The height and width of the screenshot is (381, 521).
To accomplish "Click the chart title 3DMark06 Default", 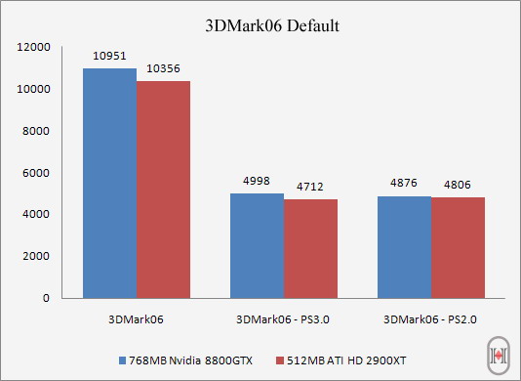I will tap(273, 25).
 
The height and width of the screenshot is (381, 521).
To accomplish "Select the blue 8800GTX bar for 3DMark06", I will tap(109, 184).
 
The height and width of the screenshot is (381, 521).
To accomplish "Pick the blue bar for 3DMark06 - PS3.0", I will tap(257, 245).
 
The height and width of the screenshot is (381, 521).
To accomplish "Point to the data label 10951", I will tap(109, 58).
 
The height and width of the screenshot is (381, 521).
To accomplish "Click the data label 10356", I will tap(163, 69).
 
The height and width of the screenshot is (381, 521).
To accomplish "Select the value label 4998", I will tap(257, 182).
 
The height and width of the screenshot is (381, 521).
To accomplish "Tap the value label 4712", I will tap(310, 188).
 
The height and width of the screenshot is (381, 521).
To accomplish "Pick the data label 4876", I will tap(404, 185).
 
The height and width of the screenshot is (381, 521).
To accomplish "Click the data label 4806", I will tap(458, 186).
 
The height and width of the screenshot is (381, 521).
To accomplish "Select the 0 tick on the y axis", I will tap(47, 298).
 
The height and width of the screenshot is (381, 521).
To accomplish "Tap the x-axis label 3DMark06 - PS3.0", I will tap(284, 318).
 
